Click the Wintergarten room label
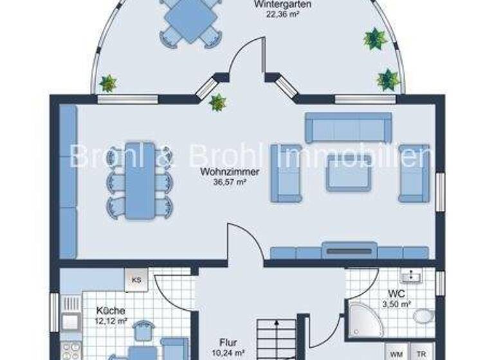point(283,4)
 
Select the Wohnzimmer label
point(230,172)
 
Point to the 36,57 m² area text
point(230,181)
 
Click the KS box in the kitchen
point(136,280)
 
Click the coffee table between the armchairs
point(349,172)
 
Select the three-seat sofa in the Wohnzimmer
point(348,127)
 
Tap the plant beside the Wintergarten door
point(217,102)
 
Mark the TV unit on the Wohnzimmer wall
point(349,250)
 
